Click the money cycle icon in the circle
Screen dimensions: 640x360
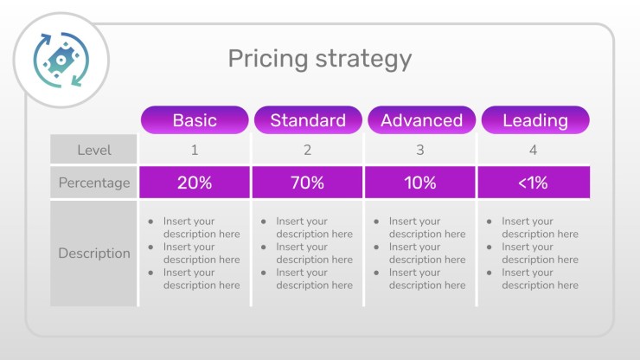(x=61, y=60)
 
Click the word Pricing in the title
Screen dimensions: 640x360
(x=268, y=59)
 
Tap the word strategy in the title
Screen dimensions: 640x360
(x=363, y=59)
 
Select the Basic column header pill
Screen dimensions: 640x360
(x=195, y=120)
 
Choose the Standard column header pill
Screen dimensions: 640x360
(x=308, y=120)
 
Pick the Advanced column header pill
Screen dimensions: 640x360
(x=422, y=120)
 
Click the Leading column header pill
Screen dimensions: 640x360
(x=535, y=120)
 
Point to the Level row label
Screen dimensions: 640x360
(x=94, y=150)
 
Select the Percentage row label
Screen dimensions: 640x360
(x=94, y=183)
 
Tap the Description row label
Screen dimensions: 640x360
(x=94, y=253)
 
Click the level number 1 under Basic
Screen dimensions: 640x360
(x=195, y=150)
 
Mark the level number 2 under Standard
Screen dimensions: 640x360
(x=307, y=150)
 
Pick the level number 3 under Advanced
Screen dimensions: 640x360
(x=420, y=150)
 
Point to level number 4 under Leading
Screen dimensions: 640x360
(x=533, y=150)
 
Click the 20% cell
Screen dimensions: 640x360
(x=195, y=183)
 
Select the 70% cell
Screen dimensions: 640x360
(x=307, y=183)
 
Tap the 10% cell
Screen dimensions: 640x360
(x=420, y=183)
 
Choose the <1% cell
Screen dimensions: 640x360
(x=534, y=183)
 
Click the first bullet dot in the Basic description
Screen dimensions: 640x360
(x=150, y=222)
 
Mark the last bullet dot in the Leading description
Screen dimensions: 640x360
(x=489, y=273)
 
